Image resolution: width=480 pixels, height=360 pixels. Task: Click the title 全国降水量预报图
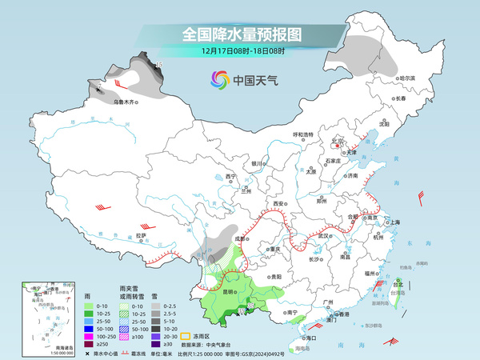pyautogui.click(x=241, y=34)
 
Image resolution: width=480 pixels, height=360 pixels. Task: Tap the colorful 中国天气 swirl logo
pyautogui.click(x=219, y=79)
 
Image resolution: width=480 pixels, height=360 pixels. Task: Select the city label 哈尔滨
pyautogui.click(x=407, y=78)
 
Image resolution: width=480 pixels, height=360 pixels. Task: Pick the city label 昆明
pyautogui.click(x=228, y=292)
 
